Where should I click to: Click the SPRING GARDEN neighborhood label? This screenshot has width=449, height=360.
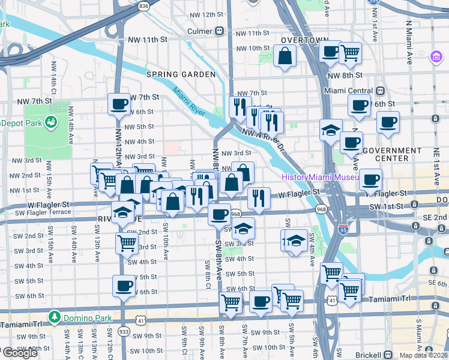181,74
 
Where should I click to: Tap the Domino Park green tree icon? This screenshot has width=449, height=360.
55,316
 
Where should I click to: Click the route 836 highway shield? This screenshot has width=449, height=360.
143,5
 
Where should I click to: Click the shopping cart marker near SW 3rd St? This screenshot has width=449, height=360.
127,243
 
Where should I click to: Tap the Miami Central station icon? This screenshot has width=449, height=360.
380,91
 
